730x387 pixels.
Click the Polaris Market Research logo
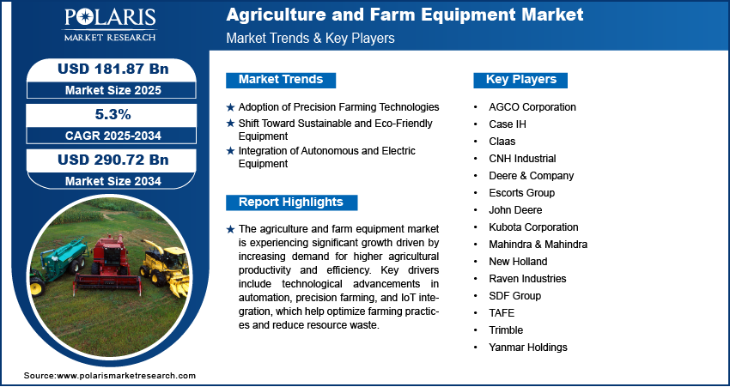(x=110, y=24)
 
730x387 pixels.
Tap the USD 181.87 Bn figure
(x=113, y=69)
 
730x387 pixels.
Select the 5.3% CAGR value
(x=112, y=114)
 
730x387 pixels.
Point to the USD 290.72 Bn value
(x=113, y=160)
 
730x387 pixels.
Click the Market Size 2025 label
(x=113, y=90)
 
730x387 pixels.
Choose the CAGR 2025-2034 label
(x=113, y=136)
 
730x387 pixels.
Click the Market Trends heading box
(x=281, y=80)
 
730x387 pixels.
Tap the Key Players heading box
(x=521, y=80)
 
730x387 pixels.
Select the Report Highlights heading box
(x=291, y=203)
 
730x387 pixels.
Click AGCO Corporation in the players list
(x=532, y=107)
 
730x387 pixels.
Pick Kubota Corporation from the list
(x=533, y=227)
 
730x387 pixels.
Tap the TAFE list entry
(x=502, y=312)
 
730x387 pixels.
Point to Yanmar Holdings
(x=528, y=347)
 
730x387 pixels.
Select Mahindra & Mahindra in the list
(x=538, y=245)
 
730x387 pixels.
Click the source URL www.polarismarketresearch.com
(x=126, y=375)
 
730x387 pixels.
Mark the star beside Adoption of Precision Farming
(x=230, y=107)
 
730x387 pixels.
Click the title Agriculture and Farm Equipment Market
(x=405, y=15)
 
